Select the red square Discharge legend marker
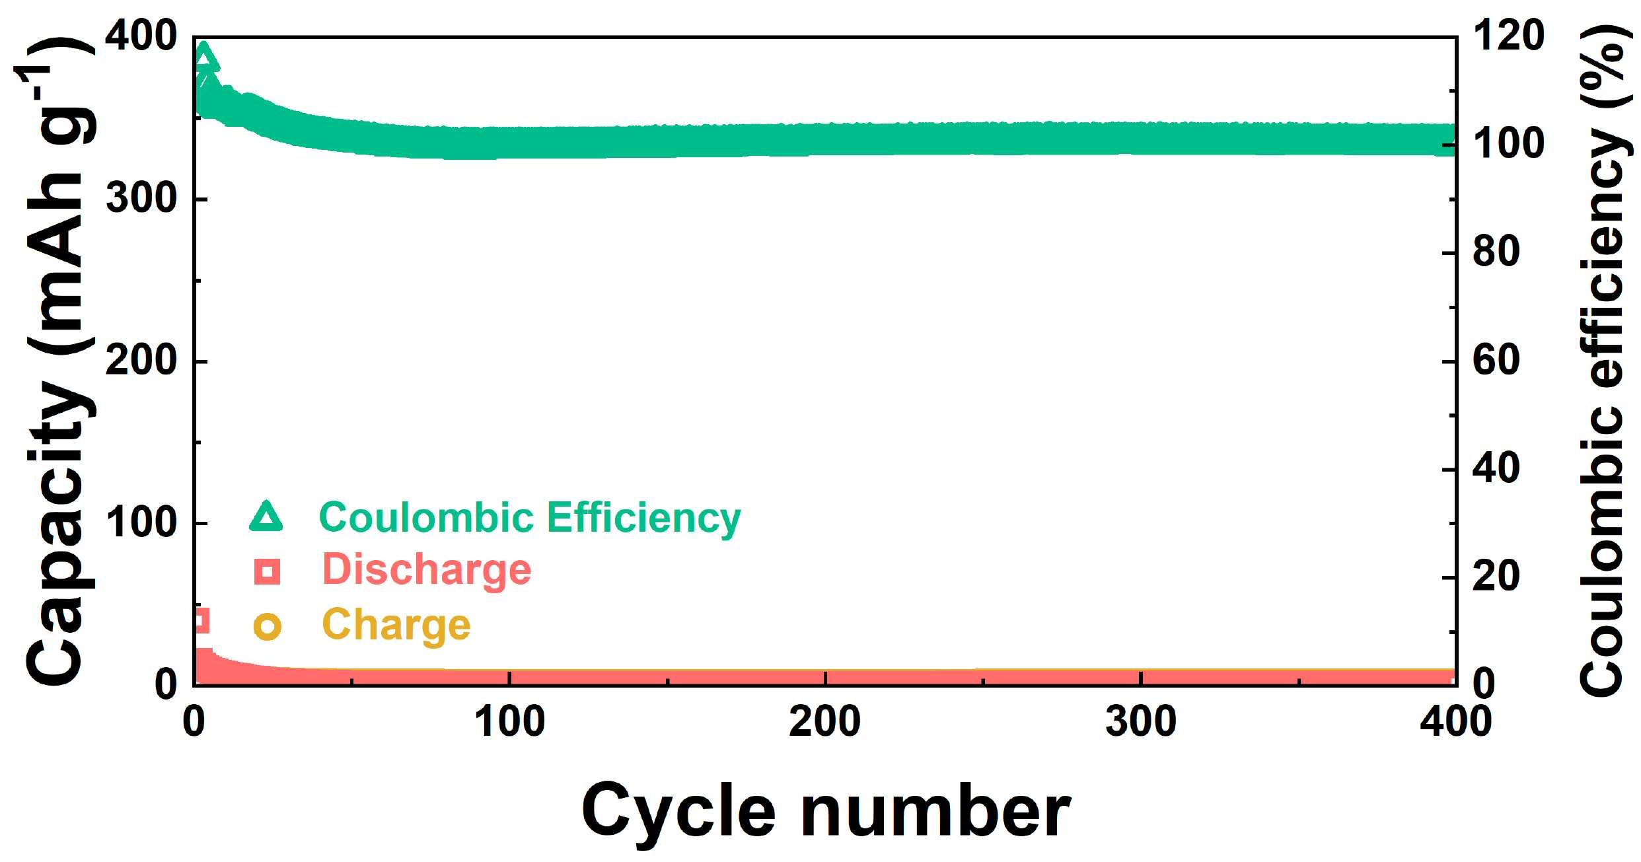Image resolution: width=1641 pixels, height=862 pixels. [x=268, y=571]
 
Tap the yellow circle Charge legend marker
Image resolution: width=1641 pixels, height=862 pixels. [x=268, y=626]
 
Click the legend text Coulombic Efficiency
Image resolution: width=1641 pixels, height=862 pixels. [x=530, y=519]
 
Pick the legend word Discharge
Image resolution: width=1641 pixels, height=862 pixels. [x=427, y=569]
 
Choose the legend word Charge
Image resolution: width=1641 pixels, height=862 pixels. [x=396, y=626]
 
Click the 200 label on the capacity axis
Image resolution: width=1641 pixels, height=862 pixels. [x=141, y=361]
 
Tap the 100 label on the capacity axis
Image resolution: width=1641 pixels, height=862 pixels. [x=141, y=522]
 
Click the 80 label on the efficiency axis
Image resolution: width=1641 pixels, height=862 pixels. [x=1496, y=252]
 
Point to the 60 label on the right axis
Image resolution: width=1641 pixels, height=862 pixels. [x=1496, y=361]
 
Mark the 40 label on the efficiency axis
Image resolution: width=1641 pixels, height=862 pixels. [x=1496, y=468]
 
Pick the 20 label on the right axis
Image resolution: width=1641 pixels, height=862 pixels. [x=1496, y=576]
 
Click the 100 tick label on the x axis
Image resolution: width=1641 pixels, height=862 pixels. [x=509, y=721]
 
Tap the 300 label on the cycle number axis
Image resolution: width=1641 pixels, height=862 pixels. [x=1141, y=721]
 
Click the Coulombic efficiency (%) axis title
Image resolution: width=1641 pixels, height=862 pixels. [x=1602, y=360]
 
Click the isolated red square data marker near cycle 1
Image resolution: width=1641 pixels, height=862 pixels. [x=201, y=620]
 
